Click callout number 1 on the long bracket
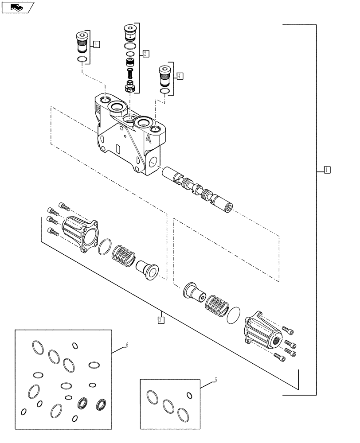point(326,169)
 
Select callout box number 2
point(145,54)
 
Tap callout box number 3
point(161,319)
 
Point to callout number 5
point(215,380)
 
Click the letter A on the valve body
point(148,139)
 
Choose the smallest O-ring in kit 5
point(190,395)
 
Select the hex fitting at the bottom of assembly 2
point(130,86)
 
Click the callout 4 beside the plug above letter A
point(179,76)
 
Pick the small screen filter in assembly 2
point(130,62)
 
